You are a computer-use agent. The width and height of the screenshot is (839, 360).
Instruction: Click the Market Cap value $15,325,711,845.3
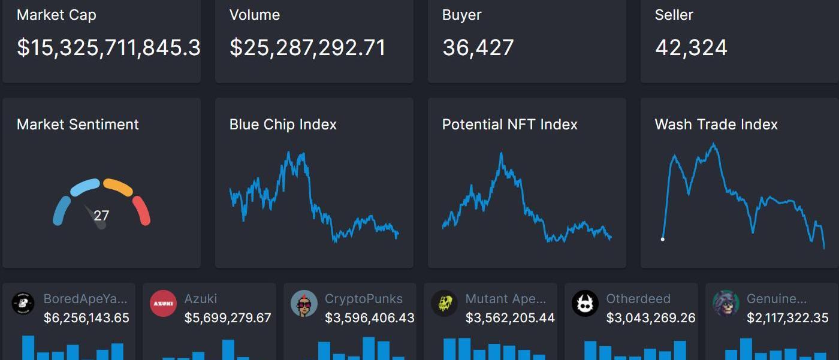point(108,48)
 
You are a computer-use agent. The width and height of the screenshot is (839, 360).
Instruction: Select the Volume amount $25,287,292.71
point(307,48)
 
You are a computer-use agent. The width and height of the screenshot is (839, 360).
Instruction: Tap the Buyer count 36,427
point(478,48)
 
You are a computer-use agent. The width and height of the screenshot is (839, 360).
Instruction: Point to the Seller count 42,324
point(691,48)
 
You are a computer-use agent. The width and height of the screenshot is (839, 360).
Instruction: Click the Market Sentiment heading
point(78,125)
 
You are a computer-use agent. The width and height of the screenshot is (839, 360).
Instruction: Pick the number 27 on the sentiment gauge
point(101,216)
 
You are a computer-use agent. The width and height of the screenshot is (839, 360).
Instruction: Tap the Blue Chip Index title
point(283,125)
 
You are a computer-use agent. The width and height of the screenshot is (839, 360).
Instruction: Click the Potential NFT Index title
point(509,125)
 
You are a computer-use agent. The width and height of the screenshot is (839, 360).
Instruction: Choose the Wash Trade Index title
point(716,125)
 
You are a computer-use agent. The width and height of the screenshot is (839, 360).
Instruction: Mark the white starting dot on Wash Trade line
point(662,239)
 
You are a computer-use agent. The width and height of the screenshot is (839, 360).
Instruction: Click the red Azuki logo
point(163,304)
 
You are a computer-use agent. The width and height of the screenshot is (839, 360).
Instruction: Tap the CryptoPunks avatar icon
point(304,304)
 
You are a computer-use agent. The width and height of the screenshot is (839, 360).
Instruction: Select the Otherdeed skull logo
point(585,304)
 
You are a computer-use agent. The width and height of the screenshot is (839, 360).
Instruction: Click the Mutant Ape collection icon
point(444,304)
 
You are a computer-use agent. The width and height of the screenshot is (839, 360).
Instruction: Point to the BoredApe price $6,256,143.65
point(86,318)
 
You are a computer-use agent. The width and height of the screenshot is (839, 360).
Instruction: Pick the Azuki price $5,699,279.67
point(228,318)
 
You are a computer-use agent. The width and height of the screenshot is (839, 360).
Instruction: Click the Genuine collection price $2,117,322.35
point(787,318)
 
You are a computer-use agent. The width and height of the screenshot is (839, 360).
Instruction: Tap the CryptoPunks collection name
point(364,298)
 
